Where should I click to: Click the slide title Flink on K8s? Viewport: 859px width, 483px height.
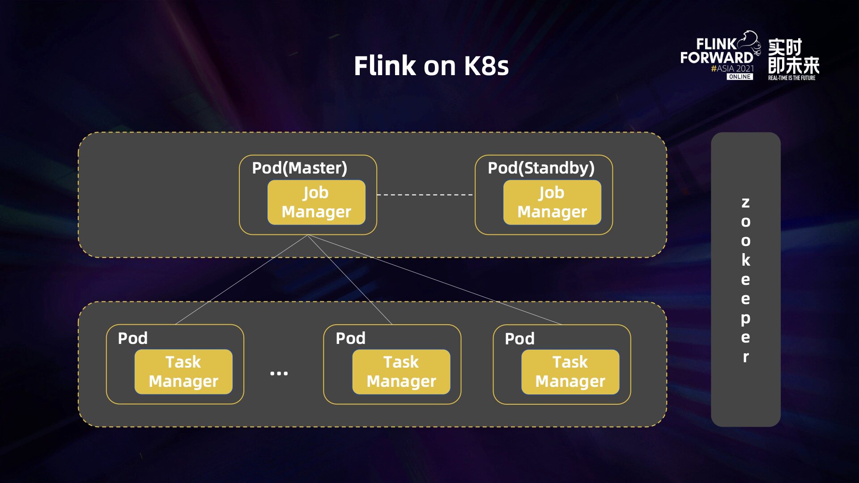pos(431,66)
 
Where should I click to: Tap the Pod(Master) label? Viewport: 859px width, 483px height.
pos(299,168)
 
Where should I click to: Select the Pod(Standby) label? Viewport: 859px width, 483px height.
pos(541,168)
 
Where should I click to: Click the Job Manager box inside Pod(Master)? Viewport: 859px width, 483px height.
pos(316,202)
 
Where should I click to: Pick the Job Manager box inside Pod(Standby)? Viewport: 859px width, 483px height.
pos(552,202)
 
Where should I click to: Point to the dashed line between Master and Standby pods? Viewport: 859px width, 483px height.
pos(425,195)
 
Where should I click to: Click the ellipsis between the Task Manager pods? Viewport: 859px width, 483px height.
pos(279,373)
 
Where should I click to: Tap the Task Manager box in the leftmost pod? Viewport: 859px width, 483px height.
pos(183,372)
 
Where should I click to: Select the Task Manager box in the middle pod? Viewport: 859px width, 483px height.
pos(401,372)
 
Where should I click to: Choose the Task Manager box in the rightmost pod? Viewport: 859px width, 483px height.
pos(570,372)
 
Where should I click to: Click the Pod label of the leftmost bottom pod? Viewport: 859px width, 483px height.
pos(132,338)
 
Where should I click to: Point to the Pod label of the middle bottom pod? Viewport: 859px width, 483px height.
pos(350,338)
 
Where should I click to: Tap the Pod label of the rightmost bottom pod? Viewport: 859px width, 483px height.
pos(519,339)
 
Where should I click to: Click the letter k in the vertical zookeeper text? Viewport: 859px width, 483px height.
pos(745,260)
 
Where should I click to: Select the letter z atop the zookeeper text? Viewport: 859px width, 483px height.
pos(745,203)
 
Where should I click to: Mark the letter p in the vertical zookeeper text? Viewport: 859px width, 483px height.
pos(745,318)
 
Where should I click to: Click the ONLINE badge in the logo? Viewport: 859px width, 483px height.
pos(740,77)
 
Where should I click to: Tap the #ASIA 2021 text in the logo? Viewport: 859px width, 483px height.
pos(732,68)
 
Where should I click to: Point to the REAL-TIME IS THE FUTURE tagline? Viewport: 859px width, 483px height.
pos(791,78)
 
